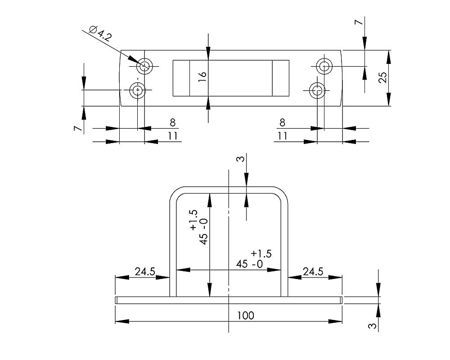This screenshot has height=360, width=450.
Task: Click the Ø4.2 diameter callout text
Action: [x=100, y=34]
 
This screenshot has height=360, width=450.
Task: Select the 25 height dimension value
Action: [x=382, y=78]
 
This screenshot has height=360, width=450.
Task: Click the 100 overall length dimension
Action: [x=245, y=315]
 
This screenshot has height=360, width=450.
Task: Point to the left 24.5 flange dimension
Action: [x=145, y=271]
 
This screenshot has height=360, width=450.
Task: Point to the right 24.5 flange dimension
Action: [x=313, y=271]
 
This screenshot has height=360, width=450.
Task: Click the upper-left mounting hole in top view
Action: [x=144, y=67]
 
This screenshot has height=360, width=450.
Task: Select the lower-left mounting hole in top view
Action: [x=138, y=91]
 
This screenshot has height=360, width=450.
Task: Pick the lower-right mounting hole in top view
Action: [x=317, y=91]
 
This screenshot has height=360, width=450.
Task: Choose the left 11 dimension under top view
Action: [x=173, y=136]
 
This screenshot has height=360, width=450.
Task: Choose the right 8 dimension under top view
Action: [x=282, y=122]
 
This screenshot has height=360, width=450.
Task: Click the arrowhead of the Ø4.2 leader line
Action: [x=136, y=61]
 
